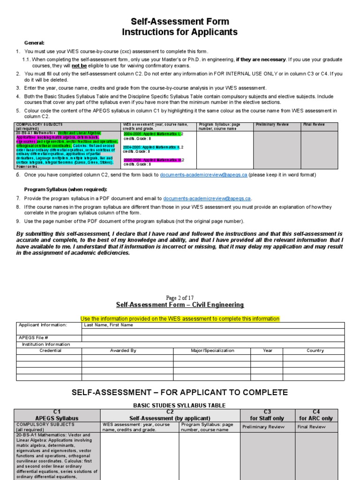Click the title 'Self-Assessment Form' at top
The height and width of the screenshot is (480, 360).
click(x=180, y=22)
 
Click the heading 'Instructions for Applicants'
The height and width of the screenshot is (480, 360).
click(x=180, y=32)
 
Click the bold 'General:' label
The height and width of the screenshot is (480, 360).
click(x=34, y=43)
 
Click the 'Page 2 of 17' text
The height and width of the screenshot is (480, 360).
click(x=180, y=298)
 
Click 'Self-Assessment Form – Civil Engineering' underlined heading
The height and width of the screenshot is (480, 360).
click(x=180, y=305)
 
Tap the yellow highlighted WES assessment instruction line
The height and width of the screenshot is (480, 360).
click(x=180, y=319)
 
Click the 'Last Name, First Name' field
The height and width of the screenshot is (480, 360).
click(x=108, y=325)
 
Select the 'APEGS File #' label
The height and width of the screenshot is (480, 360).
click(x=33, y=337)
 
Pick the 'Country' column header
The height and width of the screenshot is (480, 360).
click(x=315, y=351)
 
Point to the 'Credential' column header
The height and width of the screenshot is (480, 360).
click(x=50, y=351)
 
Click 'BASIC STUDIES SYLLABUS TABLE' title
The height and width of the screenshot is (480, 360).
click(x=180, y=405)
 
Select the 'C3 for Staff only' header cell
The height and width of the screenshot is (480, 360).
click(x=267, y=415)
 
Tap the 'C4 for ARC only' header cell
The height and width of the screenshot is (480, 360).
click(x=316, y=415)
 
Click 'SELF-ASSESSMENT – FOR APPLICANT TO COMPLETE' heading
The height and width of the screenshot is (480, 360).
click(x=180, y=392)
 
